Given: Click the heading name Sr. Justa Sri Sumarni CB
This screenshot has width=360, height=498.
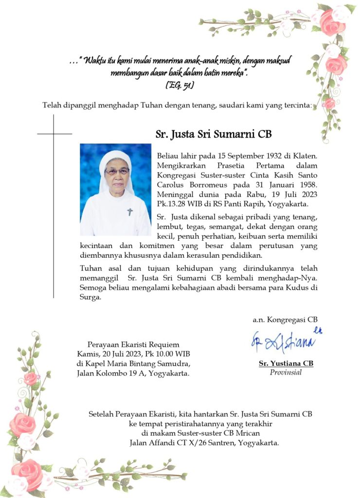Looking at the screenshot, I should [214, 134].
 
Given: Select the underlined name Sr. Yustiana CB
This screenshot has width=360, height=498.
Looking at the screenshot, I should [286, 364].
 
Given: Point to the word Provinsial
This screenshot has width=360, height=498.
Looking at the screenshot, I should [286, 373].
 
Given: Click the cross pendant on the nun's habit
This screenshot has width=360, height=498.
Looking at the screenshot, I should [130, 212].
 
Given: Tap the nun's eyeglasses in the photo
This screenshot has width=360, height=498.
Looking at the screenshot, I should [117, 171].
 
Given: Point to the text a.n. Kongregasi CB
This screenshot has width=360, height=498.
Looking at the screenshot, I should [285, 320].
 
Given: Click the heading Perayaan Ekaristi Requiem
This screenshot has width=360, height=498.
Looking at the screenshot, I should [133, 345].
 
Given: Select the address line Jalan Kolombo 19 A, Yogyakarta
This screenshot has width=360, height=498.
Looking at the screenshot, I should [133, 373].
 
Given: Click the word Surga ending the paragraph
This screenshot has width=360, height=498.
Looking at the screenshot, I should [90, 298].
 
